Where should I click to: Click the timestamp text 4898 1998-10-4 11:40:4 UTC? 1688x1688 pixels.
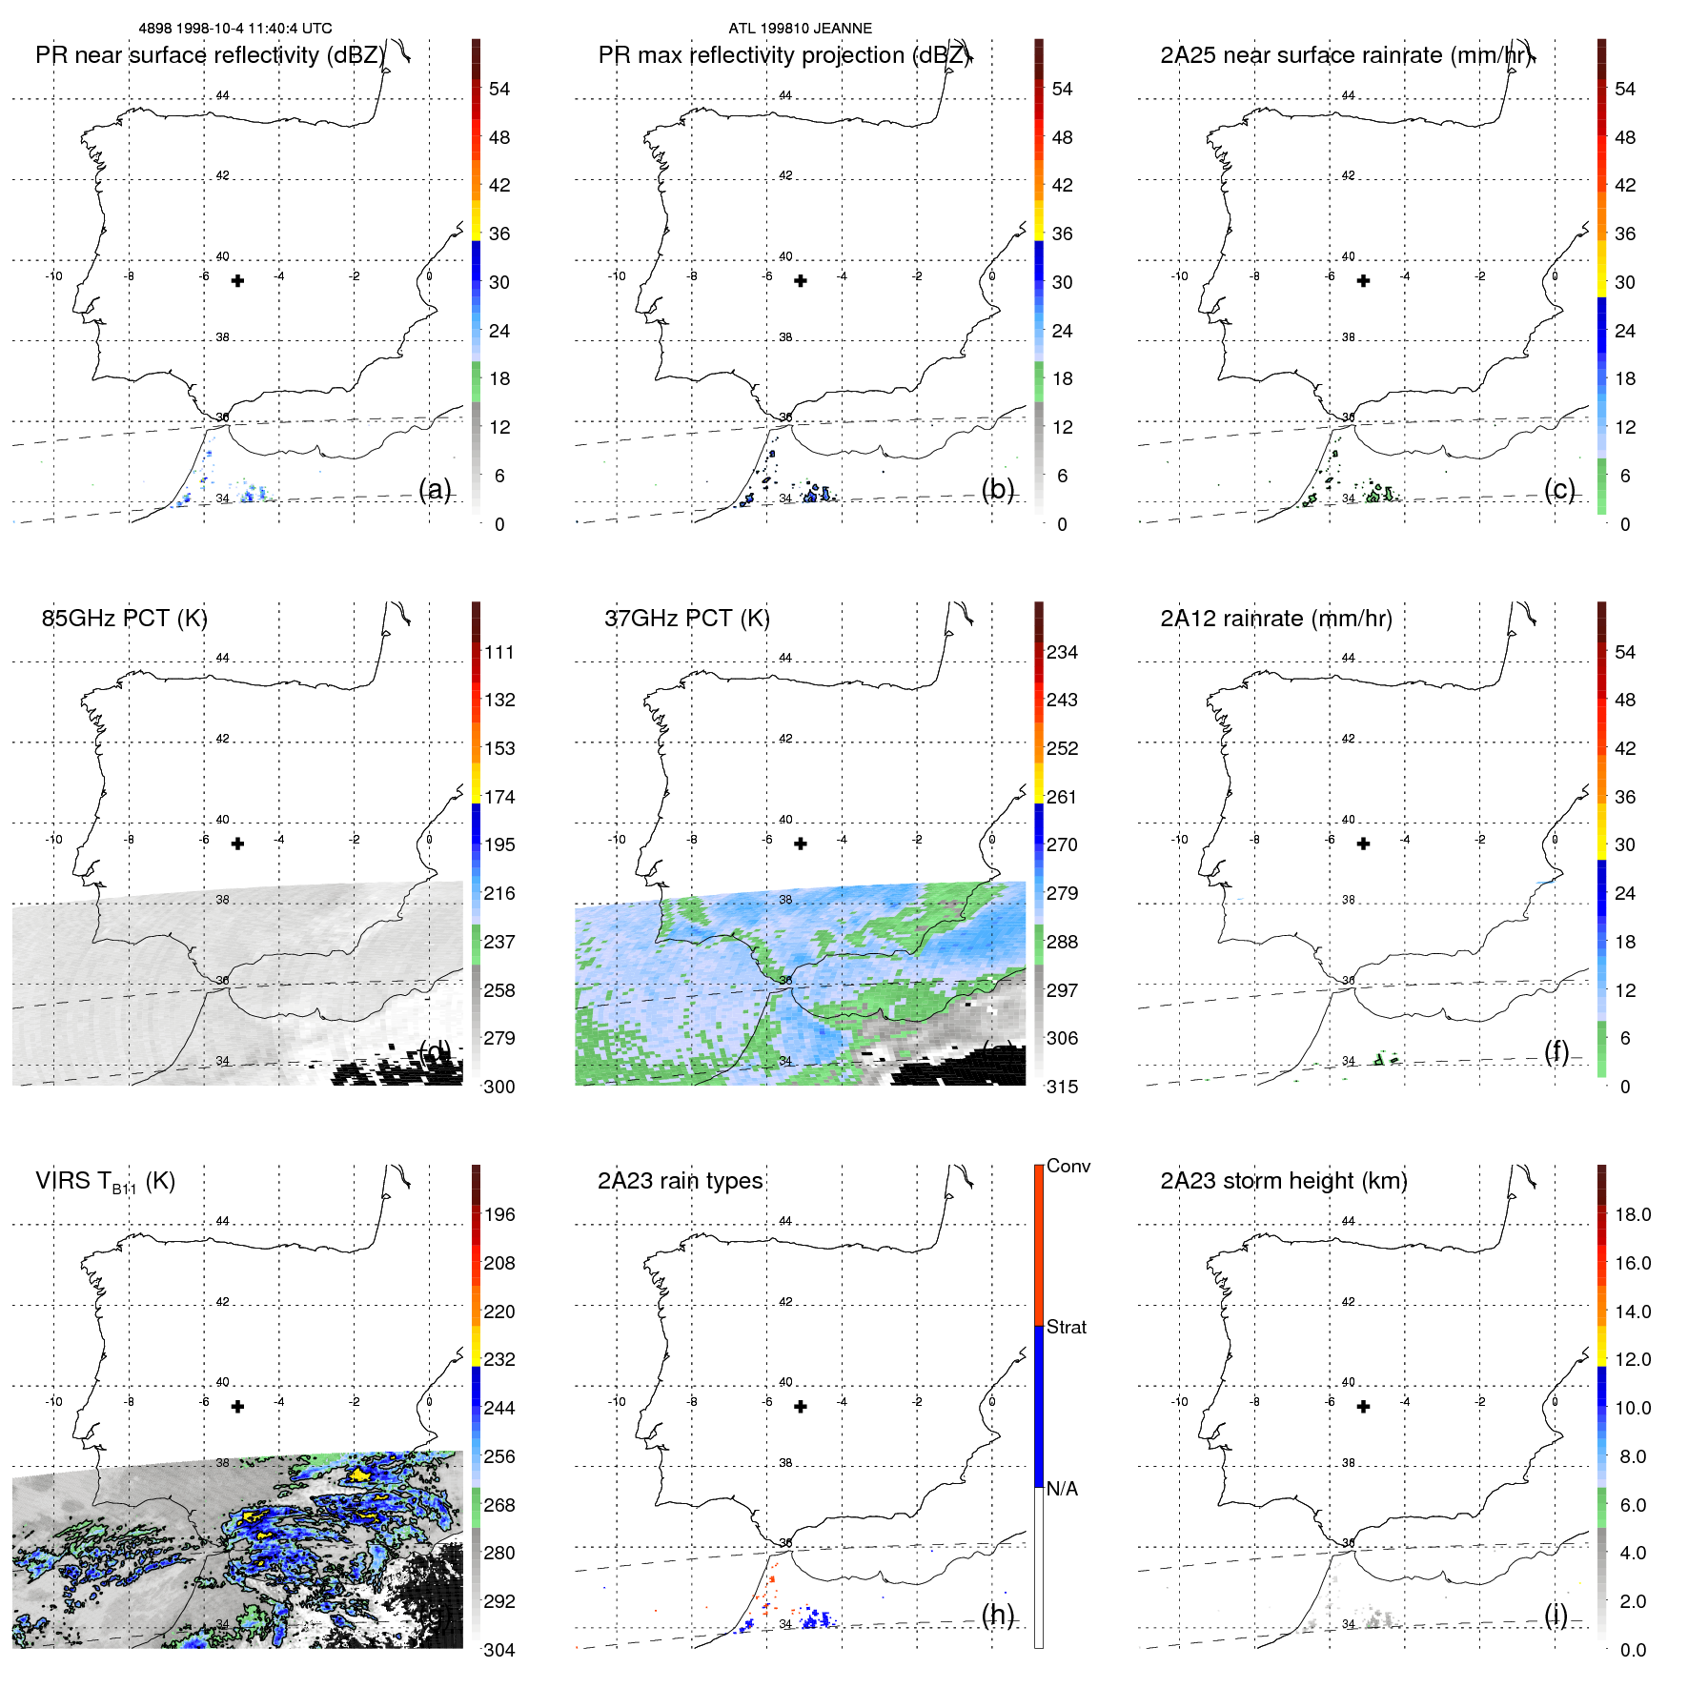[x=234, y=29]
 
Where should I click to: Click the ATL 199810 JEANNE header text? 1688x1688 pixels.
[x=800, y=29]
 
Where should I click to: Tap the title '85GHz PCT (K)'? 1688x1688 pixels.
[x=124, y=619]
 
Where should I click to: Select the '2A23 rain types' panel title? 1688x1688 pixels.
[x=680, y=1181]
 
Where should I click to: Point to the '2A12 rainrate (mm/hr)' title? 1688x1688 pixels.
[x=1275, y=619]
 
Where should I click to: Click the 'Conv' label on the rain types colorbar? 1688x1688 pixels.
[x=1068, y=1166]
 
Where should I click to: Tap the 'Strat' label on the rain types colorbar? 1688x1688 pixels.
[x=1066, y=1327]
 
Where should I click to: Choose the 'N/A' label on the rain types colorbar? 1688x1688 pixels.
[x=1062, y=1489]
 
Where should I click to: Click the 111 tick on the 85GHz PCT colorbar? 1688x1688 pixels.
[x=498, y=652]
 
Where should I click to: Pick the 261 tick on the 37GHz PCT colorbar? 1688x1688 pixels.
[x=1062, y=797]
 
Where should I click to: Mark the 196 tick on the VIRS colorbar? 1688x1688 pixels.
[x=498, y=1214]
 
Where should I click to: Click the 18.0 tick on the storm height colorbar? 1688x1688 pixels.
[x=1632, y=1214]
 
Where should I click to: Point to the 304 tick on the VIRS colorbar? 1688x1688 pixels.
[x=498, y=1650]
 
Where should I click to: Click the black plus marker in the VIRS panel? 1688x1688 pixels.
[x=237, y=1407]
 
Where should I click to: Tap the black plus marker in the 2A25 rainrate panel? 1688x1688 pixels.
[x=1363, y=281]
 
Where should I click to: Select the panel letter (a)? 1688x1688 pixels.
[x=435, y=489]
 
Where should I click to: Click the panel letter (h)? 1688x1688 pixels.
[x=998, y=1614]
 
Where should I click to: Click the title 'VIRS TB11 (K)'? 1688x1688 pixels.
[x=105, y=1182]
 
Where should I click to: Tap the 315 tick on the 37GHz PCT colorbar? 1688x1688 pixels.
[x=1062, y=1087]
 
